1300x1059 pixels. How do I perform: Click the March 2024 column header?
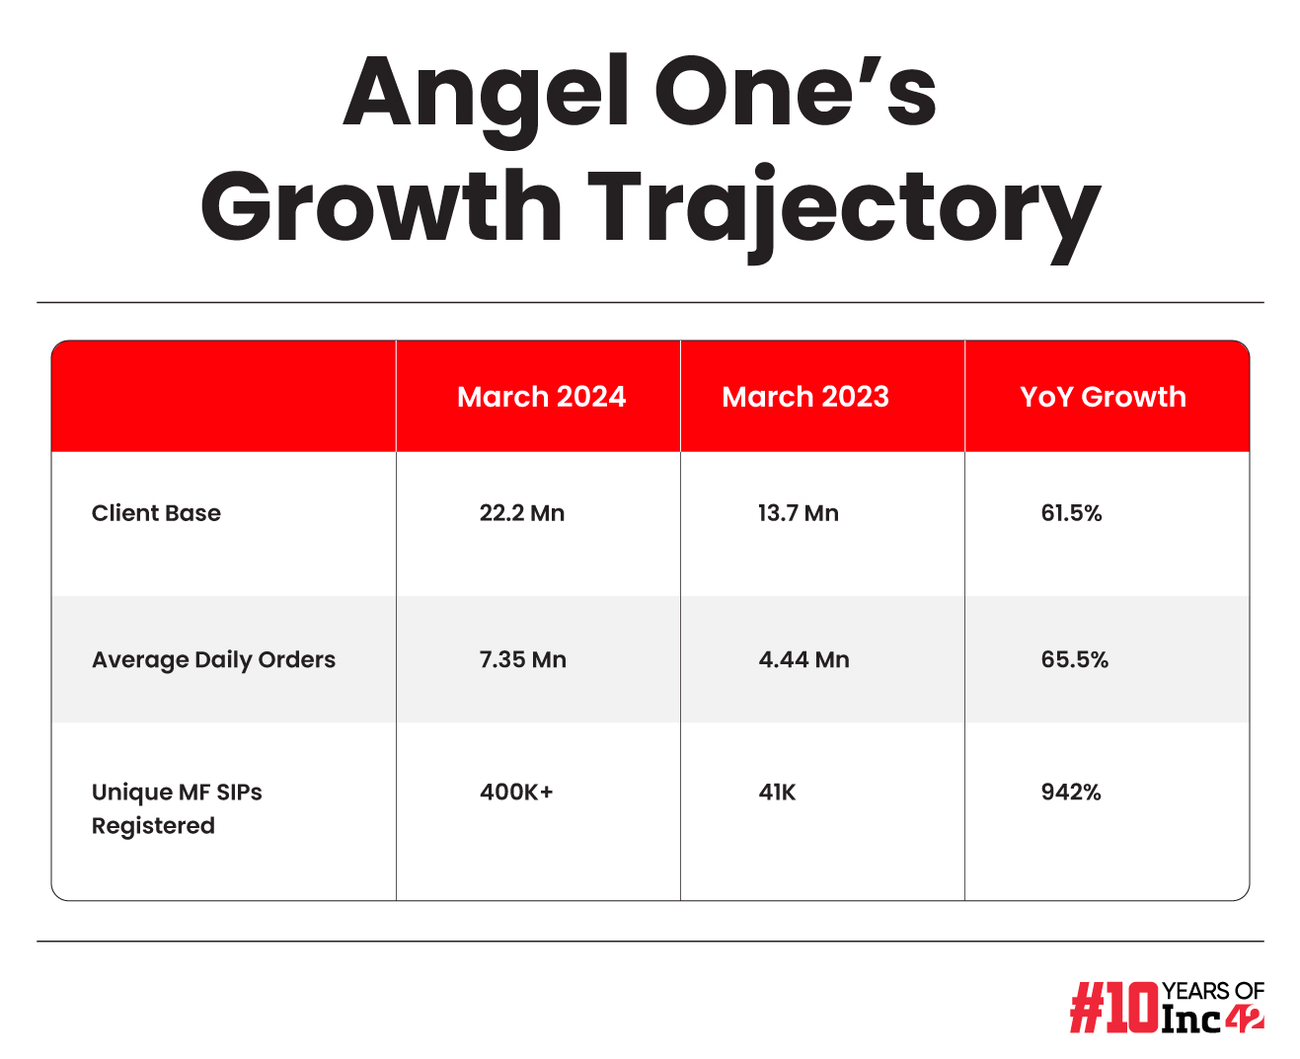pyautogui.click(x=541, y=397)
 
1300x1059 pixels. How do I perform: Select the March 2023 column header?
pyautogui.click(x=805, y=397)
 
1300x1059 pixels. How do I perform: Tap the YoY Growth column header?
pyautogui.click(x=1103, y=397)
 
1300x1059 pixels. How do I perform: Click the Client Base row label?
pyautogui.click(x=156, y=513)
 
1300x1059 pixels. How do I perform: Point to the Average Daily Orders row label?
pyautogui.click(x=213, y=659)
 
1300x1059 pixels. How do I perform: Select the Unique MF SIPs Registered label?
pyautogui.click(x=177, y=808)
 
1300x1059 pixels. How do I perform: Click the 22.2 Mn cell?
pyautogui.click(x=522, y=513)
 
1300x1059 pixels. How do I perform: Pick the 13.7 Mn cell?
pyautogui.click(x=799, y=513)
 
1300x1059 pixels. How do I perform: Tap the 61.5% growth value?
pyautogui.click(x=1071, y=513)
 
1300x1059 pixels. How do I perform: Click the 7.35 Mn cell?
pyautogui.click(x=523, y=659)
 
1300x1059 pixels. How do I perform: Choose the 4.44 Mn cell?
pyautogui.click(x=803, y=659)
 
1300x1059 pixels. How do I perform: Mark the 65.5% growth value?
pyautogui.click(x=1074, y=659)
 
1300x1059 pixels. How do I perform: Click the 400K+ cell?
pyautogui.click(x=516, y=793)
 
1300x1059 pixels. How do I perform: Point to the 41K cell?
pyautogui.click(x=777, y=793)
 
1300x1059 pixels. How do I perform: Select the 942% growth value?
pyautogui.click(x=1071, y=793)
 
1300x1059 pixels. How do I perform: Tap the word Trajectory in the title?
pyautogui.click(x=844, y=209)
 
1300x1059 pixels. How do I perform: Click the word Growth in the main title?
pyautogui.click(x=381, y=209)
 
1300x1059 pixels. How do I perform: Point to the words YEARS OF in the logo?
pyautogui.click(x=1213, y=991)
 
